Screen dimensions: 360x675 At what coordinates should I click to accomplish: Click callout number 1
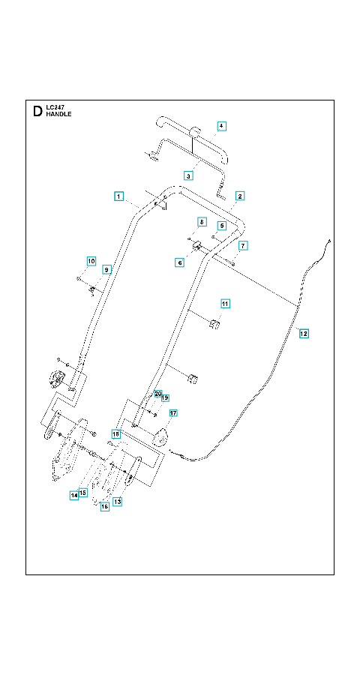[119, 196]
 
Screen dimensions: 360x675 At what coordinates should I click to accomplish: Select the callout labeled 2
[240, 196]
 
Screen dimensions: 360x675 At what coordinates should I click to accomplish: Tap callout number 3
[188, 175]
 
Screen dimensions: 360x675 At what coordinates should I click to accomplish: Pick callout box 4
[221, 126]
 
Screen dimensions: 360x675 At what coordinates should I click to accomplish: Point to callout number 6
[179, 262]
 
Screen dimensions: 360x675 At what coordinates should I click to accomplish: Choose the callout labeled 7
[243, 246]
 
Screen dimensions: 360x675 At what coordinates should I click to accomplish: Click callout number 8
[201, 222]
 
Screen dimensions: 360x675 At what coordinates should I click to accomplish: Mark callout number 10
[91, 261]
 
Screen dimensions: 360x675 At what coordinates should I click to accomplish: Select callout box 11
[225, 304]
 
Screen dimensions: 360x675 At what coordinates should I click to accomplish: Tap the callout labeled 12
[304, 333]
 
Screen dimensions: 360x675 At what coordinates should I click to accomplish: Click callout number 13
[117, 502]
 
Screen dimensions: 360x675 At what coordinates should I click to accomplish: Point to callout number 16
[105, 507]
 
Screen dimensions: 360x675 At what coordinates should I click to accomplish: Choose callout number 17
[173, 413]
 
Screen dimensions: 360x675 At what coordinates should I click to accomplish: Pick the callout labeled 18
[115, 433]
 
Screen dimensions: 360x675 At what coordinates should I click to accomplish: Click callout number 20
[157, 394]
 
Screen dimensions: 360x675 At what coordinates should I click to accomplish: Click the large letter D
[38, 112]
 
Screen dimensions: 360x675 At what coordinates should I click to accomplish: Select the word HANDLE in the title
[59, 115]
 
